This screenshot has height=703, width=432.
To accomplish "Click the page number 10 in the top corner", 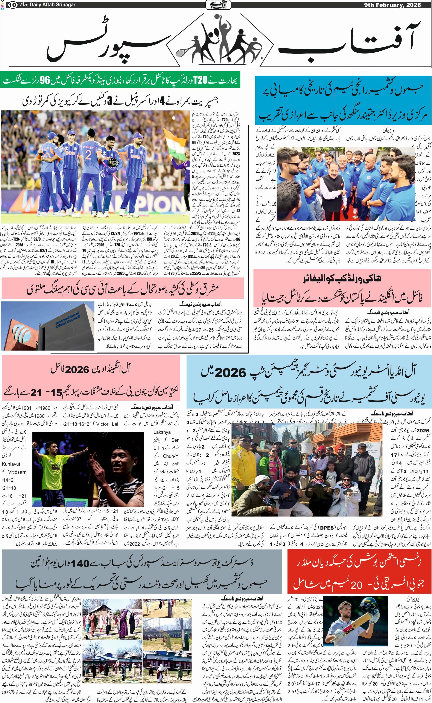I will (x=13, y=5).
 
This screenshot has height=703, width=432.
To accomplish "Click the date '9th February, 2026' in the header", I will (x=392, y=5).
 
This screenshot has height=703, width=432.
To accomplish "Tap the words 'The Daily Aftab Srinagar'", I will (x=47, y=5).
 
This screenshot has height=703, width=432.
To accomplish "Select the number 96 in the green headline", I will (x=45, y=80).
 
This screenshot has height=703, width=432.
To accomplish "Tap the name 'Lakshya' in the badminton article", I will (x=162, y=432).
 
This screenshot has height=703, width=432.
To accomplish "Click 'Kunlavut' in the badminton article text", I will (x=11, y=464).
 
